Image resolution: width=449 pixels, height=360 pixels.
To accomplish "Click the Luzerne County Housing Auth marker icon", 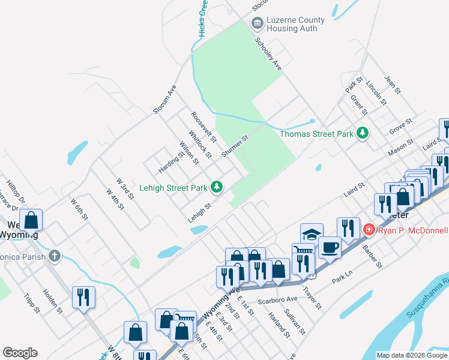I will click(x=258, y=23).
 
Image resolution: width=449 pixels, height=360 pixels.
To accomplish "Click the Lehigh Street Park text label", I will click(x=173, y=188).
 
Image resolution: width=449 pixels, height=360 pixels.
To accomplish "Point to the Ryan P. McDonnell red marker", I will click(x=369, y=230).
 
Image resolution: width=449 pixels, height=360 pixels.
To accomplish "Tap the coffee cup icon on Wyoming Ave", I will click(x=329, y=247).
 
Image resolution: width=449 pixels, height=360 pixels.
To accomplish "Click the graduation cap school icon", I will click(x=312, y=235).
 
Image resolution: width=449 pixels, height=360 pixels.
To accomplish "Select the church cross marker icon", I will click(x=55, y=256).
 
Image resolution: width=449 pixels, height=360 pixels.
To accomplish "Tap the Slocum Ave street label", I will click(x=164, y=99).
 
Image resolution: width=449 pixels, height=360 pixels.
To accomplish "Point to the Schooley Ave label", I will click(x=268, y=54).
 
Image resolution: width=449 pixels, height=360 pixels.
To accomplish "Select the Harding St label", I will click(x=172, y=161).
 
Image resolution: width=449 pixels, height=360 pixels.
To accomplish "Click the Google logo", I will click(x=20, y=353).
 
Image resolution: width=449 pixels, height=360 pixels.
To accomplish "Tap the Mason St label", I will click(x=400, y=148).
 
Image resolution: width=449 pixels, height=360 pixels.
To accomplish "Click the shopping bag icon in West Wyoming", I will click(x=31, y=220).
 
